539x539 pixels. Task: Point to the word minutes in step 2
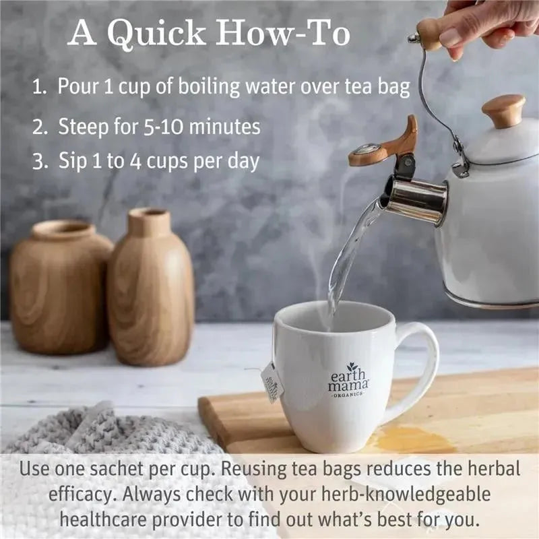coord(224,126)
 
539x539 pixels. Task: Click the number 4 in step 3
coord(136,161)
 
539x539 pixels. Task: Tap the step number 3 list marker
coord(40,161)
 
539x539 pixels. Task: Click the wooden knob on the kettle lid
coord(503,110)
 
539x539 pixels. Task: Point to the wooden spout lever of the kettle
coord(384,144)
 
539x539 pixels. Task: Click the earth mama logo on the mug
coord(348,380)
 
